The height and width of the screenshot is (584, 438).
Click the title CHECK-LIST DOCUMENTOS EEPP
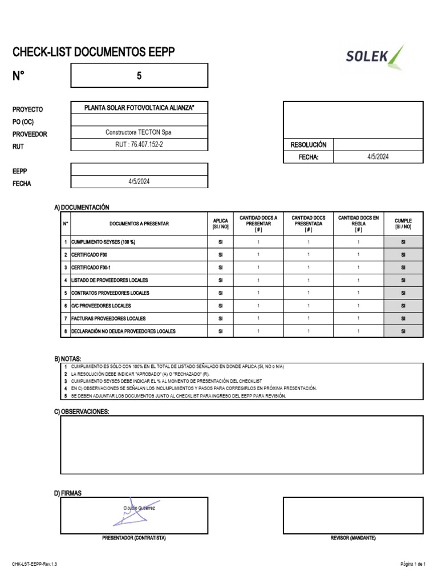(x=94, y=52)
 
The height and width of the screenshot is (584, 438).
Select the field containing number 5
(x=139, y=76)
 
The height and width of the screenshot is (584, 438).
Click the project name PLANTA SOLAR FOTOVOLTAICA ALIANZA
(x=139, y=108)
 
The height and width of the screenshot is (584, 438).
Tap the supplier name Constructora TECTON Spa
(x=139, y=132)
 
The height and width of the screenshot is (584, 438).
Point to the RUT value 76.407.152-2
(x=139, y=145)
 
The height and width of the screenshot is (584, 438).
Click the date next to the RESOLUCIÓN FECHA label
(x=378, y=157)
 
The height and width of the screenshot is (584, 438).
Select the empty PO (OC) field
(x=139, y=120)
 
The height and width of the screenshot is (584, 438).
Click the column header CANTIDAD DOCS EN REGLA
(x=358, y=224)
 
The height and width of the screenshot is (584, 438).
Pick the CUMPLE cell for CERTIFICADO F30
(x=403, y=255)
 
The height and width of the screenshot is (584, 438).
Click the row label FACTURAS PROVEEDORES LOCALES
(x=108, y=318)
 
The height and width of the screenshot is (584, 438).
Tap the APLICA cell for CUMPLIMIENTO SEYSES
(x=220, y=242)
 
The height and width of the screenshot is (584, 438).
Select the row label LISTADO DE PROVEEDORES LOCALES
(x=109, y=280)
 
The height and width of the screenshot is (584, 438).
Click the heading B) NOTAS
(x=68, y=358)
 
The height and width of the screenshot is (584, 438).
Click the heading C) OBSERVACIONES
(x=82, y=411)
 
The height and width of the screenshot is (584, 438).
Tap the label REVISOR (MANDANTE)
(x=353, y=538)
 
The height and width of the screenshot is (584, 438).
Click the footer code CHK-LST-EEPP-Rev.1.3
(x=34, y=563)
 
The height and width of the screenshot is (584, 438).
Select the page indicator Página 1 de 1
(x=413, y=563)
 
